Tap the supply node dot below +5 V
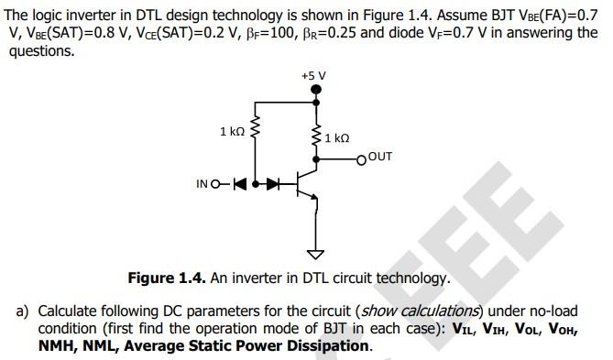click(316, 90)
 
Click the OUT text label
click(380, 157)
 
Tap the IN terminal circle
click(214, 184)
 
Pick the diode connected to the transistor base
click(271, 184)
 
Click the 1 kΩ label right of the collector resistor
click(337, 138)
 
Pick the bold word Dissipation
click(328, 345)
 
